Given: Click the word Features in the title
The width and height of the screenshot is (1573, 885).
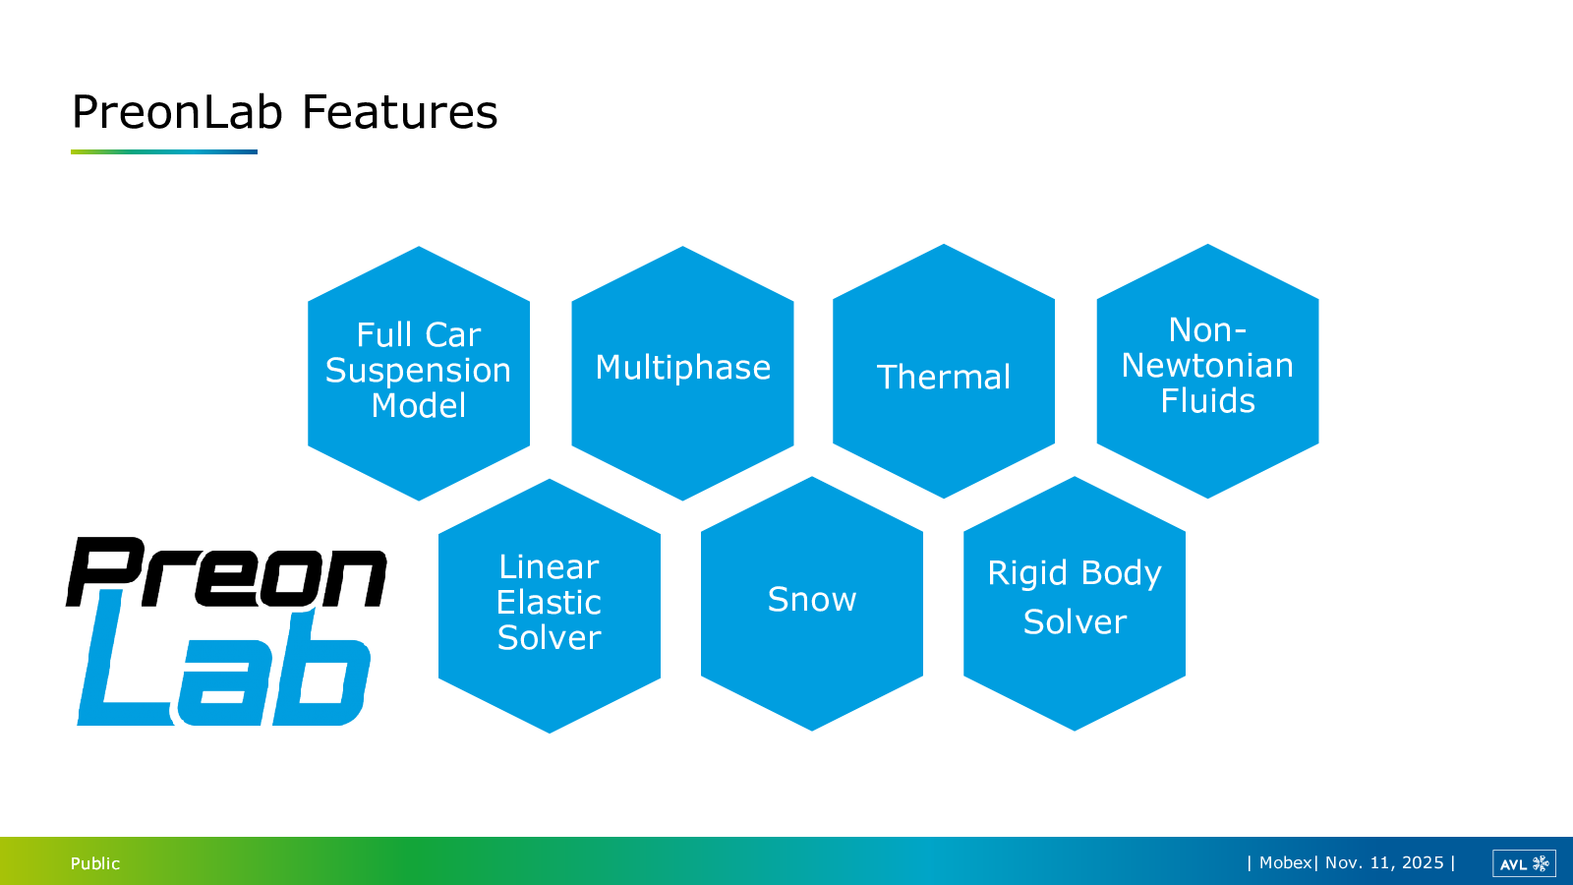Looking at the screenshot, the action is [x=399, y=112].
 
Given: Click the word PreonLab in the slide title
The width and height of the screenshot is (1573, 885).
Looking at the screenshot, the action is [x=177, y=112].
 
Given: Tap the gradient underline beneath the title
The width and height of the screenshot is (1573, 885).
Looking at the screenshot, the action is [x=163, y=151].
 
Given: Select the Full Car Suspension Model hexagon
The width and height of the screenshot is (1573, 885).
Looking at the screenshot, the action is [x=419, y=373].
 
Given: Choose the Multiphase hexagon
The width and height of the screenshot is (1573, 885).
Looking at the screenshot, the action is [x=682, y=373].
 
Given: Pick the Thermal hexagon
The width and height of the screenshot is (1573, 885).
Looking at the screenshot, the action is [x=944, y=371].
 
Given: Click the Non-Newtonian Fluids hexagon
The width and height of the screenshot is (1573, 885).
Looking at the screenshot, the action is [x=1208, y=371].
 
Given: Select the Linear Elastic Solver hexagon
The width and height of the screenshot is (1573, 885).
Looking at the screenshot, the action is [x=550, y=606].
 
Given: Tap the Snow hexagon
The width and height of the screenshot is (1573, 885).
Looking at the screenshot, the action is [x=812, y=604].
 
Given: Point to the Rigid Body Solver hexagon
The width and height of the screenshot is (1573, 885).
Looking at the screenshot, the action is [x=1075, y=604].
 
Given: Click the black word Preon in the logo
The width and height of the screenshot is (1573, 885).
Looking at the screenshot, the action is [x=226, y=571].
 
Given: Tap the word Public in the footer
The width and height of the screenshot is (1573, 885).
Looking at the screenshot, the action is [x=95, y=863].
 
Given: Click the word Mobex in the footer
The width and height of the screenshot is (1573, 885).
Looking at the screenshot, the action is [x=1285, y=862].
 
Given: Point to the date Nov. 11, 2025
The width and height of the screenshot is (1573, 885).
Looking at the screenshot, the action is [x=1384, y=862].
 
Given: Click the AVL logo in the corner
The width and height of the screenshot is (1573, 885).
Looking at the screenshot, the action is [x=1524, y=863].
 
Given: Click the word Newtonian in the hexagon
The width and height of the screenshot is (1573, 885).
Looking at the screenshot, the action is [x=1207, y=365].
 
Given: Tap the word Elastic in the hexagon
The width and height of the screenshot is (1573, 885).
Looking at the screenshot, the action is [x=549, y=602].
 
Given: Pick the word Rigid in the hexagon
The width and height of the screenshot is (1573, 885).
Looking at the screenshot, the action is [x=1028, y=574].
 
